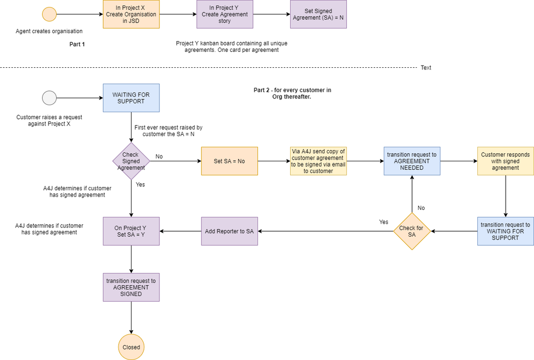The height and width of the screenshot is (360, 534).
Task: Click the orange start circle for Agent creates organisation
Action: (x=49, y=14)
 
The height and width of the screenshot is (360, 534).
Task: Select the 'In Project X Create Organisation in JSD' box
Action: (x=131, y=14)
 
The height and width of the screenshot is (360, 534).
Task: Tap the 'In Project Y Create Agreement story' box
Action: (x=225, y=14)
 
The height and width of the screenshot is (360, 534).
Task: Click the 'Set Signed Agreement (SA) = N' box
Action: (x=319, y=14)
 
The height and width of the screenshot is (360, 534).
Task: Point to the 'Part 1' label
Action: (x=77, y=44)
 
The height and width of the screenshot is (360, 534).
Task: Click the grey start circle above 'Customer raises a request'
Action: (x=49, y=98)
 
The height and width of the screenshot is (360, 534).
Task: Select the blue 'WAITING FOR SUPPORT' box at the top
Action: (x=131, y=98)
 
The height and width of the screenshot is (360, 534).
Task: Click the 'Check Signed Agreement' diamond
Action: (x=131, y=161)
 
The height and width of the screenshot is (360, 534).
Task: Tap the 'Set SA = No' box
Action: (x=229, y=161)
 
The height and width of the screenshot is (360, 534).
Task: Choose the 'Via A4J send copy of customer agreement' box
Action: (x=319, y=161)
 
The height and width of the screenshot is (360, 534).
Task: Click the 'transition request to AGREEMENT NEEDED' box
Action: (x=412, y=161)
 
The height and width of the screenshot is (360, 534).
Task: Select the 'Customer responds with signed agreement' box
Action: (x=505, y=161)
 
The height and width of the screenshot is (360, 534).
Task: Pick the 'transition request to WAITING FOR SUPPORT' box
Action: (x=505, y=231)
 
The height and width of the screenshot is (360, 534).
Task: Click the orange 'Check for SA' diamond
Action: (x=412, y=231)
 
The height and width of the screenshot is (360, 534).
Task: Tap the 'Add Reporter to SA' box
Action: (x=229, y=231)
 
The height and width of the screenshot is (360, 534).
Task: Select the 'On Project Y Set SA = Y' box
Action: (x=131, y=231)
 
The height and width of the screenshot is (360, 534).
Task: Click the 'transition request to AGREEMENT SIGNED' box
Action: (x=131, y=287)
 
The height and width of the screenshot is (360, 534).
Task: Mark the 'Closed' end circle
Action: (x=131, y=347)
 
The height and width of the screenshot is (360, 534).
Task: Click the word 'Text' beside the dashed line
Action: (x=426, y=68)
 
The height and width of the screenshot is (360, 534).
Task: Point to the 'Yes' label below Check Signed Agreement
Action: (x=141, y=184)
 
